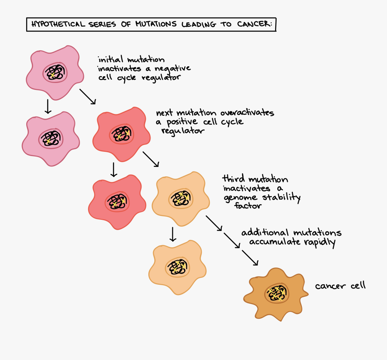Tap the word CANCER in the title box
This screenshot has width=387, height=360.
[x=254, y=25]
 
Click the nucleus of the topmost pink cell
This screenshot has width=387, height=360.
[x=55, y=72]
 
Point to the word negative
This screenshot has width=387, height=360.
[x=172, y=68]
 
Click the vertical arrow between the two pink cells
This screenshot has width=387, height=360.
[x=48, y=106]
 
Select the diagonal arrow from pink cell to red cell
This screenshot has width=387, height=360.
[x=88, y=96]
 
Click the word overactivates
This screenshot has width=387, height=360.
[x=247, y=113]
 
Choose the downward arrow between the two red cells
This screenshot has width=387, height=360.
[x=114, y=169]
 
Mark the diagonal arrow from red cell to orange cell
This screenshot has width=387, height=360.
[x=151, y=159]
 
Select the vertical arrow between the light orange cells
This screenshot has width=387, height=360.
[x=173, y=234]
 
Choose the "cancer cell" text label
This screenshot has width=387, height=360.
[x=340, y=286]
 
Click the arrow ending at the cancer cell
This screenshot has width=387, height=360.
[x=250, y=258]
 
